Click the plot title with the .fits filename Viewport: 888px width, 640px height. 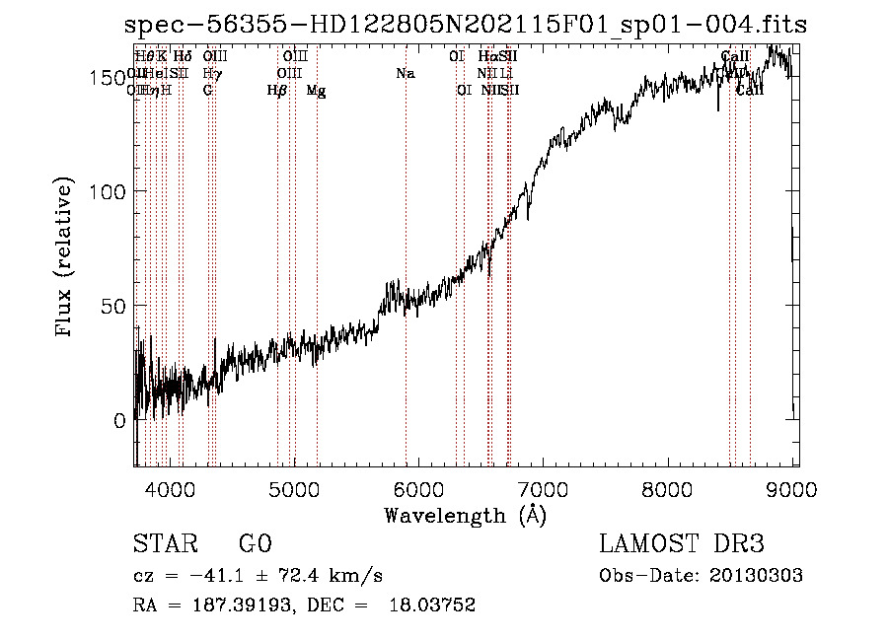click(466, 26)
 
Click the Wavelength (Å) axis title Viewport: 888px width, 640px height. click(465, 515)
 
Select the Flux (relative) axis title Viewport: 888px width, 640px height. click(66, 258)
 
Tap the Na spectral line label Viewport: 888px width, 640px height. click(406, 74)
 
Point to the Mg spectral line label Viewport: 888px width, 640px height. click(316, 91)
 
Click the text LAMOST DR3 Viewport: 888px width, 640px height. click(680, 544)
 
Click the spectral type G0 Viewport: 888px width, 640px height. click(255, 544)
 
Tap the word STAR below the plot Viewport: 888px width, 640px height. click(164, 544)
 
